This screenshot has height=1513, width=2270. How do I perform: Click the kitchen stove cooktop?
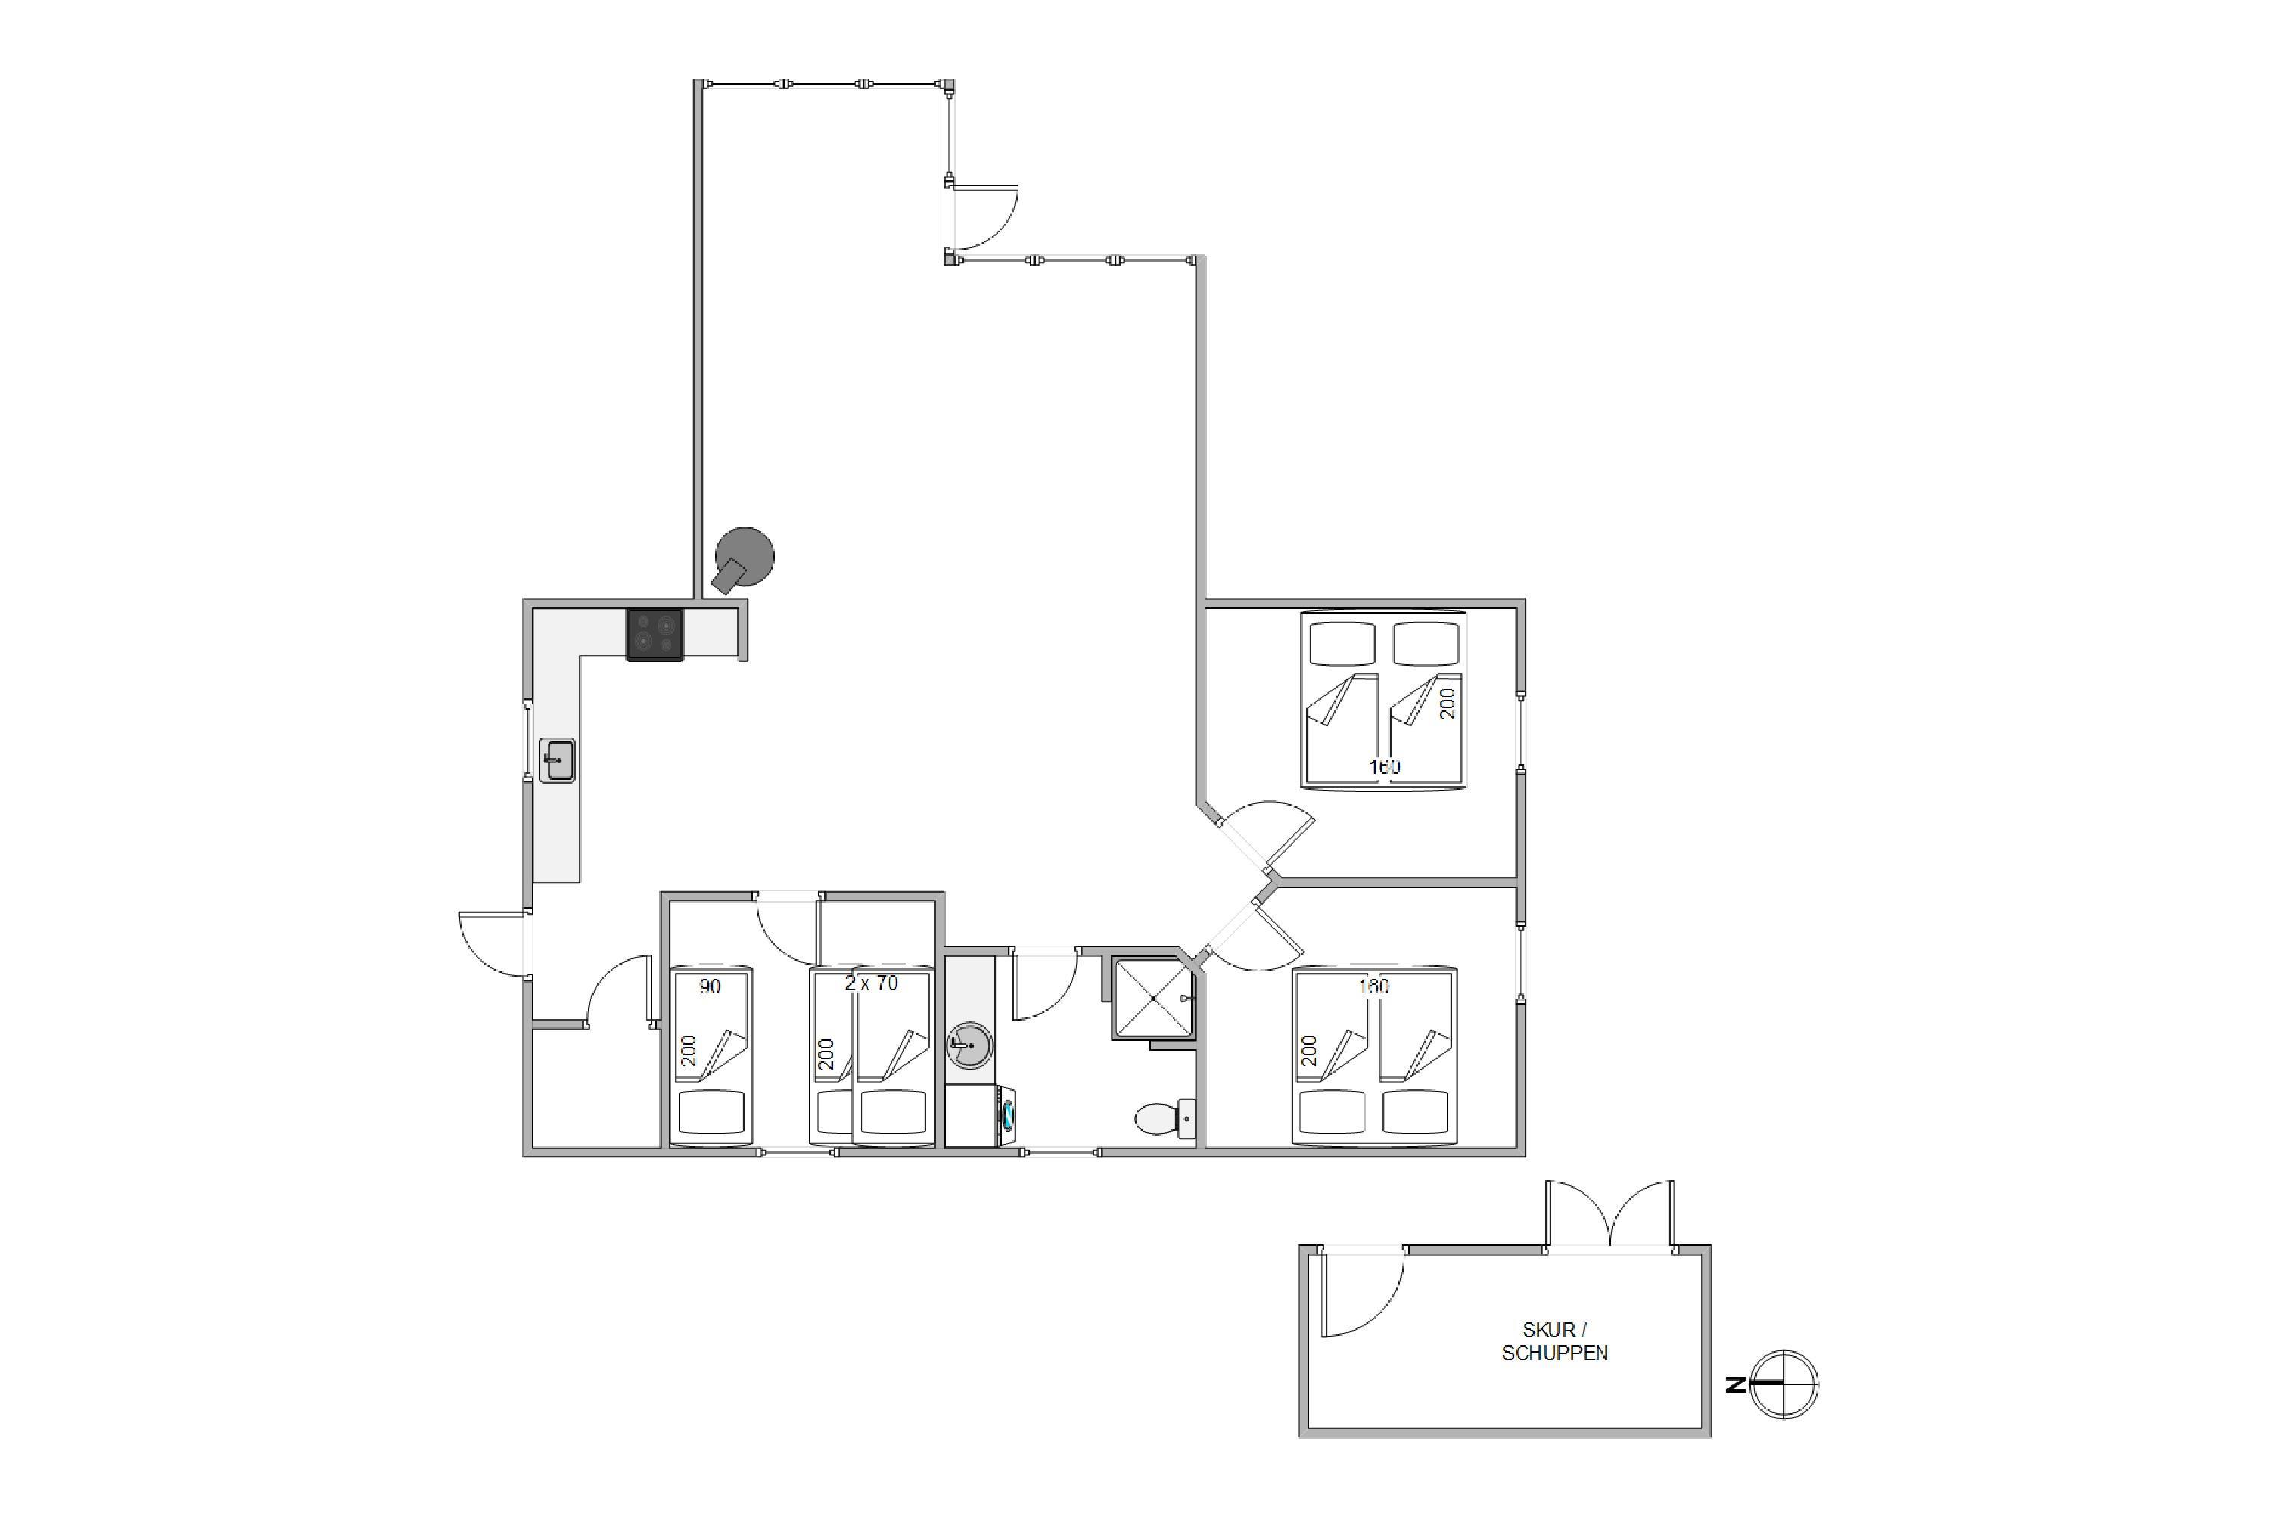coord(655,635)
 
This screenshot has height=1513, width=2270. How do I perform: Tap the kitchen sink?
coord(557,760)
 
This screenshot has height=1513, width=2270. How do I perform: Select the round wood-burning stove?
coord(743,560)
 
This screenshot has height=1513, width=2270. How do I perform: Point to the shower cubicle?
coord(1153,998)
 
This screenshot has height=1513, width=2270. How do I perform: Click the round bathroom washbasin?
coord(969,1044)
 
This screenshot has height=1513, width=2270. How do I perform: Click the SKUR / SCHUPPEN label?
coord(1554,1341)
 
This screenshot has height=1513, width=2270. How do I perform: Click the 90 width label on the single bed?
coord(710,986)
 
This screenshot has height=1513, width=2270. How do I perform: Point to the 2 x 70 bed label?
coord(871,983)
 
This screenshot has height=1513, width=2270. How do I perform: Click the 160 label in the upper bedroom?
coord(1384,766)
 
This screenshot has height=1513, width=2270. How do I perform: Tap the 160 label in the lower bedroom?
coord(1373,986)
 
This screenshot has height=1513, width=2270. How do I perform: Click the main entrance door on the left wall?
coord(494,943)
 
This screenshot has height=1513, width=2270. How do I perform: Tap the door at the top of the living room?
coord(982,218)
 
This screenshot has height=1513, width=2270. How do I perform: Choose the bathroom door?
coord(1044,984)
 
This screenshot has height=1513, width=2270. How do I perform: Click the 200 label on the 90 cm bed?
coord(688,1050)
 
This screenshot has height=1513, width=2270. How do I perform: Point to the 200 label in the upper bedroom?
coord(1447,704)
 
